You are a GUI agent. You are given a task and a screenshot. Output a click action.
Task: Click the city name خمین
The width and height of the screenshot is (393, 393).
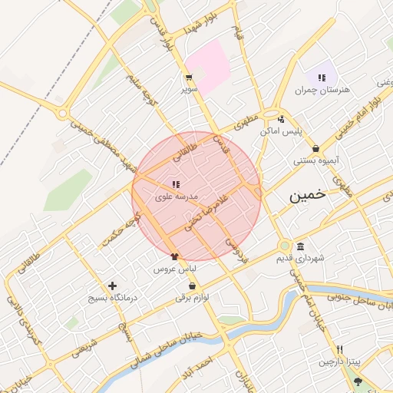[x=308, y=196]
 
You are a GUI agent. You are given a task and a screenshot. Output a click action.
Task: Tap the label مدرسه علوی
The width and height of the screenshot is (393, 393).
[x=177, y=197]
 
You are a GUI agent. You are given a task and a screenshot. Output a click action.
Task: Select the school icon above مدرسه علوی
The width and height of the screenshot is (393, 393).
[x=176, y=183]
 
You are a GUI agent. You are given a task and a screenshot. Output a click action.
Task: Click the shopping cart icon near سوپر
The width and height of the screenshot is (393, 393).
[x=188, y=78]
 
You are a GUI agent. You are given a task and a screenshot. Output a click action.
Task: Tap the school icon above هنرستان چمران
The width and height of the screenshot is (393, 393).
[x=322, y=77]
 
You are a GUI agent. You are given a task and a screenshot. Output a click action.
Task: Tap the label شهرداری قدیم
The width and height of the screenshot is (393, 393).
[x=300, y=259]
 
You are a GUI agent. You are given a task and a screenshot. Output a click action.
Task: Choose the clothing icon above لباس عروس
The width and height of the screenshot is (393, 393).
[x=174, y=257]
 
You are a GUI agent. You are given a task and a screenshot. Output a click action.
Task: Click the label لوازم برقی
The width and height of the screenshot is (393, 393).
[x=193, y=296]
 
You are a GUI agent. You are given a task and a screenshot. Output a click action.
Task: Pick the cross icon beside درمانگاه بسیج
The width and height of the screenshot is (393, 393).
[x=113, y=285]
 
